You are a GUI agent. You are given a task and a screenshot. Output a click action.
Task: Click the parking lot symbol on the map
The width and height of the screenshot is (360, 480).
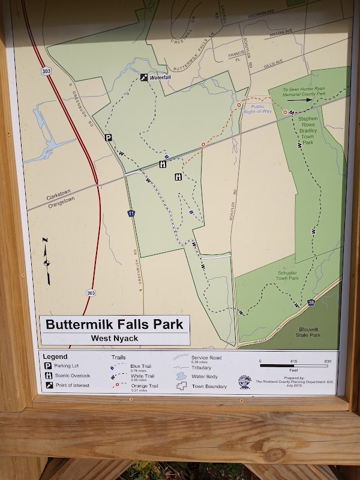[x=109, y=137]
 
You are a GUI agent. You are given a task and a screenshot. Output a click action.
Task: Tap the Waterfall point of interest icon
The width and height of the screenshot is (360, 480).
[x=144, y=77]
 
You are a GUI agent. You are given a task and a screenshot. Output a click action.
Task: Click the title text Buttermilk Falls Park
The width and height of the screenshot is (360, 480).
[x=114, y=325]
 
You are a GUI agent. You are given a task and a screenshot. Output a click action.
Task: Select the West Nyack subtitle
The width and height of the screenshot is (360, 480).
[x=115, y=338]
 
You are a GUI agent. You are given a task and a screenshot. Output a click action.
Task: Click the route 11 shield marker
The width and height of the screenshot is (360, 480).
[x=131, y=213]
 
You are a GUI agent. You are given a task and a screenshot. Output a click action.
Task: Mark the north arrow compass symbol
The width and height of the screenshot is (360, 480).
[x=46, y=262]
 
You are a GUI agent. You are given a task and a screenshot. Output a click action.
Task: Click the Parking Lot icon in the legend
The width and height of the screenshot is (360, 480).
[x=47, y=365]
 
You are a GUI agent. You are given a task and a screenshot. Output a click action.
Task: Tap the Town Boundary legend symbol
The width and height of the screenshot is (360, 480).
[x=182, y=386]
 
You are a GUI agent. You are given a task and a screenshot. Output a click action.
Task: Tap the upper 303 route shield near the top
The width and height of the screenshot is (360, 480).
[x=46, y=71]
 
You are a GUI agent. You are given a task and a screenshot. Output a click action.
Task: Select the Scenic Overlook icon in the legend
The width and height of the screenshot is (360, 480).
[x=47, y=376]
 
